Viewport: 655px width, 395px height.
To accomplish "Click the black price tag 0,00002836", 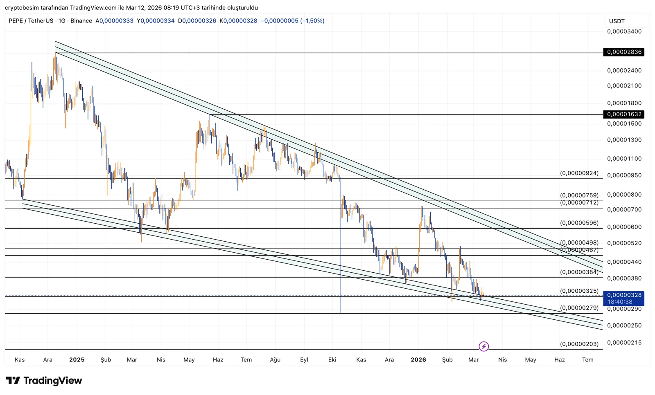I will coord(623,52).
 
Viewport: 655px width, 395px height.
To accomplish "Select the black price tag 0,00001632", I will coord(623,114).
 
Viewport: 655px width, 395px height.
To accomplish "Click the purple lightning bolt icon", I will coord(483,347).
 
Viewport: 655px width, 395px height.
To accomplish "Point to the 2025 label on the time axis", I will coord(77,360).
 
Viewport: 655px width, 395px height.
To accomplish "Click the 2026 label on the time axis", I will coord(418,360).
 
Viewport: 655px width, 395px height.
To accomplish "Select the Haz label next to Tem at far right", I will coord(559,360).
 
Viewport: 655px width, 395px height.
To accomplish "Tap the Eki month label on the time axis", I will coord(332,360).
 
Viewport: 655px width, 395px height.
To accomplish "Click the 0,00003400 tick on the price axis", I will coord(624,31).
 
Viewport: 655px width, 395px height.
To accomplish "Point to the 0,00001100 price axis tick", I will coord(624,159).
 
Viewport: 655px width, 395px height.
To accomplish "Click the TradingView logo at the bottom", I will coord(44,381).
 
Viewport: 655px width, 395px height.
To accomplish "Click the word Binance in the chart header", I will coord(81,20).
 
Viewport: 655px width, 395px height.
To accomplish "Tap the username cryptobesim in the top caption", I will coord(21,8).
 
